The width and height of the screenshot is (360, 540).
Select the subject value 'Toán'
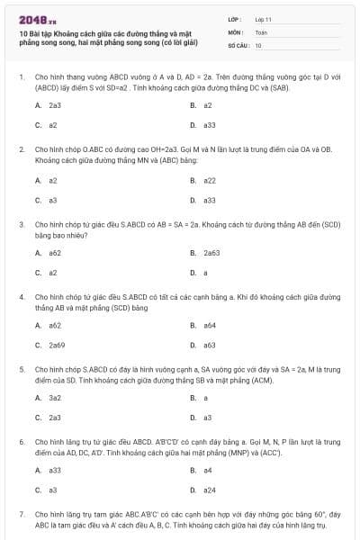click(x=260, y=31)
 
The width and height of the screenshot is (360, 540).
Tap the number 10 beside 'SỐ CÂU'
click(x=258, y=44)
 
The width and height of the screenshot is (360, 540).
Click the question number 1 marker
click(x=21, y=77)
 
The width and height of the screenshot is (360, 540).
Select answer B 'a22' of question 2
click(x=209, y=180)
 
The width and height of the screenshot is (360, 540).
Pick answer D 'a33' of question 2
click(x=209, y=200)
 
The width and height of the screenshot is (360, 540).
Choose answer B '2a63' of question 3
click(x=211, y=253)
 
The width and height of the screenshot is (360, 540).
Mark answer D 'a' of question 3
click(x=205, y=273)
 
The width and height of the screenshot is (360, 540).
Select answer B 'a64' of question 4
click(x=209, y=325)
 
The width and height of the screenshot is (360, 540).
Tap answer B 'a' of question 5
click(x=205, y=397)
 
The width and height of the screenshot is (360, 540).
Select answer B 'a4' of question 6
click(x=207, y=470)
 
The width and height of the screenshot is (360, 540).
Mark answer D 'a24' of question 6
click(x=209, y=490)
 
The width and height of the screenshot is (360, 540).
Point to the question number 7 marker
click(x=21, y=513)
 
